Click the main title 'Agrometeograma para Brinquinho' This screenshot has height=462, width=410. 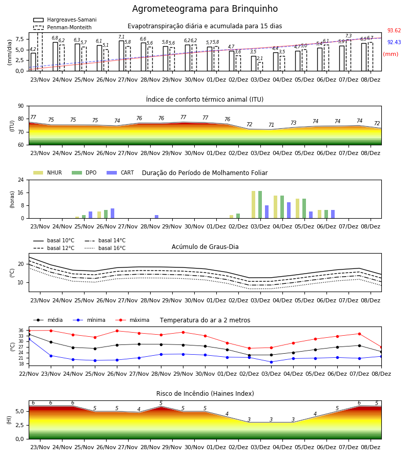204,9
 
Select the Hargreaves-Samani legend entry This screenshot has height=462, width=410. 65,20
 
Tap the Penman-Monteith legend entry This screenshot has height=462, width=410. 63,27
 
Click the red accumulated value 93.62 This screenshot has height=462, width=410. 394,30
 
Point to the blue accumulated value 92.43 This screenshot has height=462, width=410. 394,42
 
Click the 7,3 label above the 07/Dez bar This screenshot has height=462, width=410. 348,36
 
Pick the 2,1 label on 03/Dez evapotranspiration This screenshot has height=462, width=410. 260,59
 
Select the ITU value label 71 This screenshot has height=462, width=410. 271,125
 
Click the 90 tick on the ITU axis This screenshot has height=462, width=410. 21,106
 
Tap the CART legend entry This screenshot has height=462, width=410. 120,172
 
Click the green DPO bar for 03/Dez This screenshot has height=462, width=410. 260,205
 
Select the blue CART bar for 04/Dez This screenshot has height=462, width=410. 289,210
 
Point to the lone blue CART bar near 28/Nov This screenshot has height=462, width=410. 156,217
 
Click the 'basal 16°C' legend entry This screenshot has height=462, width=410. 105,248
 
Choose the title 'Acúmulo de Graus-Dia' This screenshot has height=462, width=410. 205,246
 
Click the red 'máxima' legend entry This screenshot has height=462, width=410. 132,320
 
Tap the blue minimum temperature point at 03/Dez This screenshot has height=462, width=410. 271,362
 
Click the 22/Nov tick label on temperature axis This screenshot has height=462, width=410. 29,374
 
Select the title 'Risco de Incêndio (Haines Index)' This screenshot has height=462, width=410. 205,394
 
